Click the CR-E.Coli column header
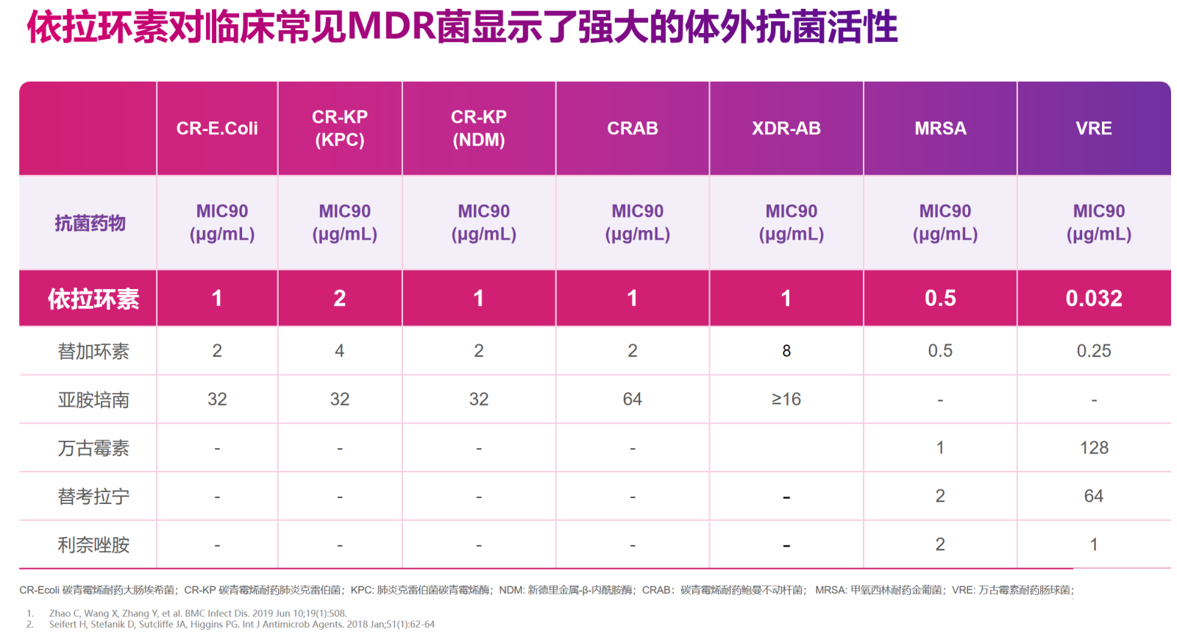pyautogui.click(x=217, y=129)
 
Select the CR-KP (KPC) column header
pyautogui.click(x=340, y=129)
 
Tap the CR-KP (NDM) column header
pyautogui.click(x=479, y=129)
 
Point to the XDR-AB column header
pyautogui.click(x=786, y=129)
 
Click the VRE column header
pyautogui.click(x=1094, y=129)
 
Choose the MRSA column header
pyautogui.click(x=940, y=129)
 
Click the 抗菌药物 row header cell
pyautogui.click(x=90, y=223)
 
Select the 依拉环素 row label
pyautogui.click(x=93, y=299)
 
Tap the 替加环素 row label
pyautogui.click(x=93, y=352)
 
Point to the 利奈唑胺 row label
pyautogui.click(x=93, y=545)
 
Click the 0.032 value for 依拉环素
pyautogui.click(x=1094, y=299)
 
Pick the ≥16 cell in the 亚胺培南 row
pyautogui.click(x=786, y=400)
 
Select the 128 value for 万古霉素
pyautogui.click(x=1094, y=448)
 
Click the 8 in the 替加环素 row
pyautogui.click(x=786, y=352)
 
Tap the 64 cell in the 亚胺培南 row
pyautogui.click(x=632, y=400)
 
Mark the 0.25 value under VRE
pyautogui.click(x=1094, y=352)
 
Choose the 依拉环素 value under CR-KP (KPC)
pyautogui.click(x=340, y=299)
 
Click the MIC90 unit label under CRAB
pyautogui.click(x=637, y=223)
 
